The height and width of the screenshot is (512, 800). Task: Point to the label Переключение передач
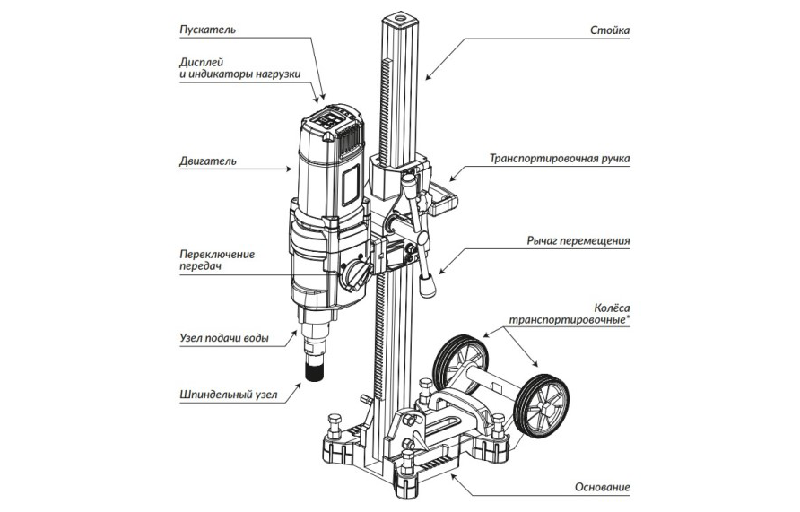point(217,260)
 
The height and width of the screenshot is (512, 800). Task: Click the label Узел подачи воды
point(222,339)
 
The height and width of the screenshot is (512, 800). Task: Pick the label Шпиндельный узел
point(224,393)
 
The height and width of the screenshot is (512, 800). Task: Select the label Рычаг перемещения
point(578,240)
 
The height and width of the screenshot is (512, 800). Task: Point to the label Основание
point(602,488)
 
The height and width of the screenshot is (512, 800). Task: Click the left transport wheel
point(457,360)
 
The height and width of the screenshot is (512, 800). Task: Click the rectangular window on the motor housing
point(349,184)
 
